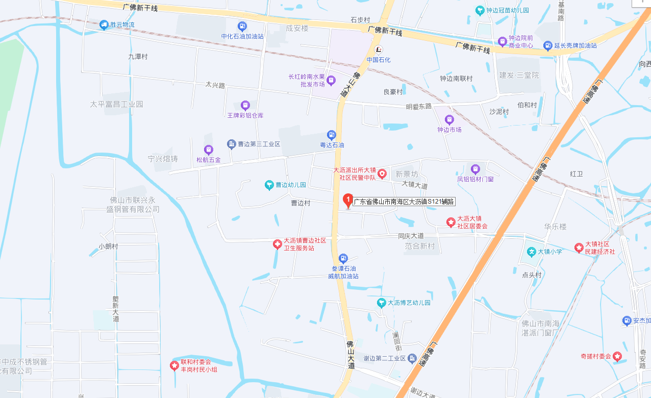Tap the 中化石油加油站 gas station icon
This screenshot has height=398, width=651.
[x=242, y=26]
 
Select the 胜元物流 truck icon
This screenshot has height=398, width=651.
[x=104, y=24]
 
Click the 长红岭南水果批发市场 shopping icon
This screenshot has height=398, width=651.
[x=331, y=80]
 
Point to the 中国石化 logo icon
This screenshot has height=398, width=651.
[x=379, y=49]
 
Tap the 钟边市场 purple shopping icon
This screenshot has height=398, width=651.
[x=449, y=120]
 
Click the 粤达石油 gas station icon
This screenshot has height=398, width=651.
[x=332, y=135]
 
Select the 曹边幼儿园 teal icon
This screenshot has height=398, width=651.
[x=269, y=185]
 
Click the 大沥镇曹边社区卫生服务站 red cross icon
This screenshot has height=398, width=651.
[x=277, y=244]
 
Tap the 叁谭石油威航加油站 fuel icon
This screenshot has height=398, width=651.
[x=343, y=259]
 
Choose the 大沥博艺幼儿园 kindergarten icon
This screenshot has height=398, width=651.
[x=381, y=303]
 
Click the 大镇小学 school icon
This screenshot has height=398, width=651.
[x=531, y=252]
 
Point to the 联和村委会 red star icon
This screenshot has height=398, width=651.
[x=174, y=365]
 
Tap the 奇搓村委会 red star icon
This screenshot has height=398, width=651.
[x=617, y=356]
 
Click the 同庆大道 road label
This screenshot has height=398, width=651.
[x=411, y=236]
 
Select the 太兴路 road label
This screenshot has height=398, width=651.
[x=215, y=85]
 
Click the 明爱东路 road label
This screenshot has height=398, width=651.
[x=418, y=107]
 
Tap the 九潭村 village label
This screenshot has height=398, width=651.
[x=138, y=57]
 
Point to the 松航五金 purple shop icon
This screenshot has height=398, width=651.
[x=208, y=150]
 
